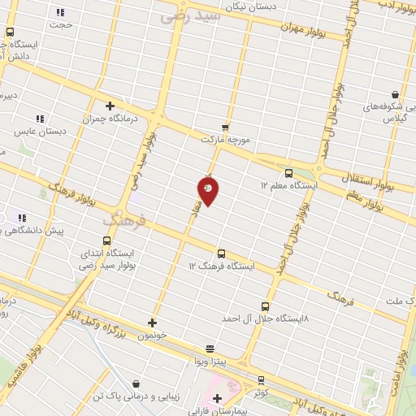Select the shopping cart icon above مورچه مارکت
pos(225,127)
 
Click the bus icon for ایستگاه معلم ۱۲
pos(289,173)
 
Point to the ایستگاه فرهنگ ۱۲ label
pos(222,266)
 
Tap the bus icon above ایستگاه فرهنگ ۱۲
pos(222,253)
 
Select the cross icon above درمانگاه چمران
pos(110,105)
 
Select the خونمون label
pos(152,334)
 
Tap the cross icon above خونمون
pos(152,322)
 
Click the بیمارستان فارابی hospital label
pos(215,411)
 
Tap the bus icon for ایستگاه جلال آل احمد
pos(265,306)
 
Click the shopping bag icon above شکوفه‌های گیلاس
pos(395,94)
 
